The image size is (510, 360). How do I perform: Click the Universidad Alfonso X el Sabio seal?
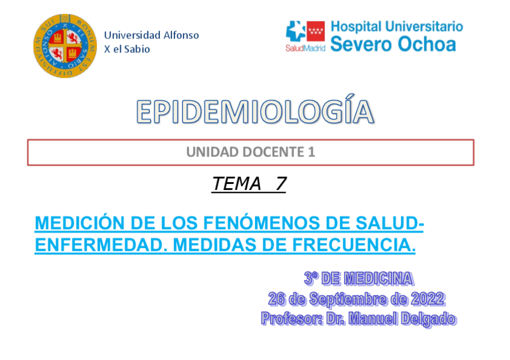(64, 46)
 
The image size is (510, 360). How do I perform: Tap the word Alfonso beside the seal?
(178, 35)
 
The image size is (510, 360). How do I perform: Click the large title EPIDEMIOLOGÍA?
(254, 112)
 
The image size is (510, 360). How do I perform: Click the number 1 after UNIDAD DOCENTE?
(312, 153)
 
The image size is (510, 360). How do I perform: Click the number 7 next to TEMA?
(280, 184)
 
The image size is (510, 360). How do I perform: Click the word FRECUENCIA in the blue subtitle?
(357, 245)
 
